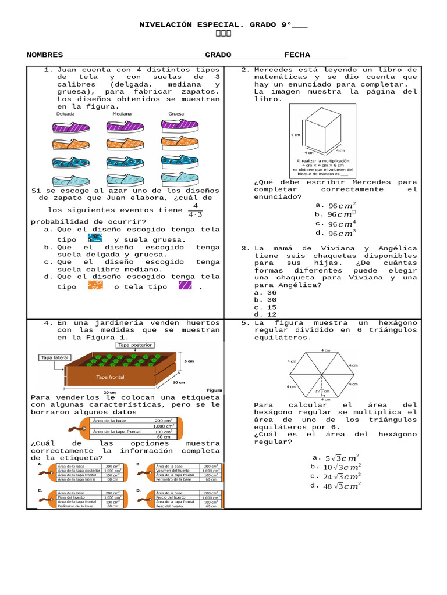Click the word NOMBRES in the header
45,55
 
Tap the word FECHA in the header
297,55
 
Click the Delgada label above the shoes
65,114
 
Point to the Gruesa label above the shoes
176,114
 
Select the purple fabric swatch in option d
186,286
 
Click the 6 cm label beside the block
295,135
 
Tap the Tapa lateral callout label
55,358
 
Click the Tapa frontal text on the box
111,377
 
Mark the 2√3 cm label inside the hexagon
322,391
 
